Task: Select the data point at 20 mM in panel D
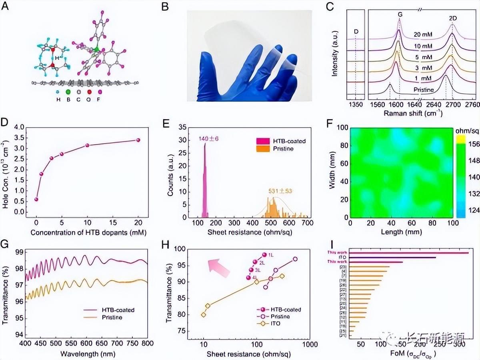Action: [138, 140]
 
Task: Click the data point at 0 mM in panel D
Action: [36, 199]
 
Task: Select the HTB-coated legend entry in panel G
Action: [108, 310]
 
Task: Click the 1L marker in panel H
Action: [264, 255]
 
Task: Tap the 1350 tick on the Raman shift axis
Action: [355, 105]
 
